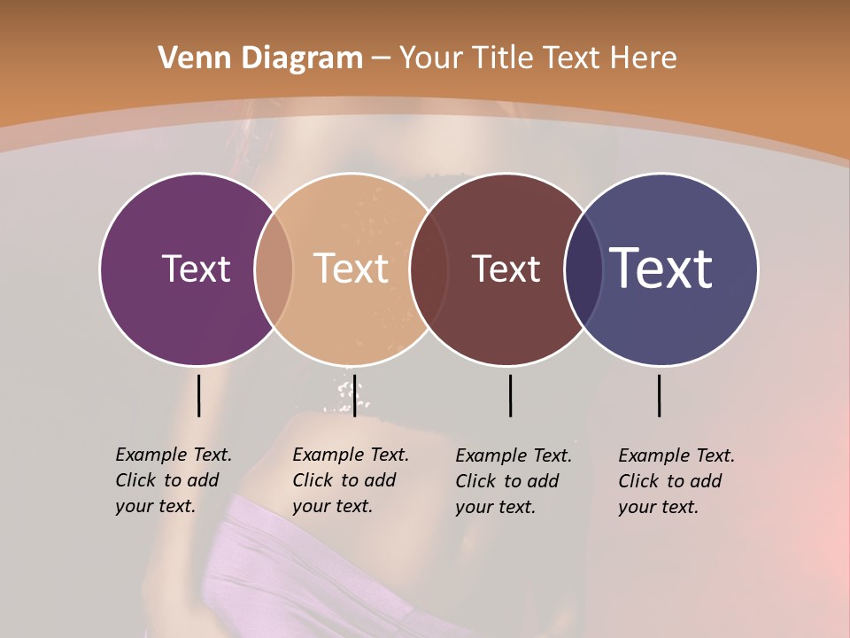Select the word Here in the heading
coord(644,58)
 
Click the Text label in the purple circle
coord(196,268)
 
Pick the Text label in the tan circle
coord(351,268)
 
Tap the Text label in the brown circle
coord(506,269)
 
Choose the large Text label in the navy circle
coord(661,268)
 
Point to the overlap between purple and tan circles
coord(274,269)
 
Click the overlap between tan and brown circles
coord(429,269)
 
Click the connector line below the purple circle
coord(198,395)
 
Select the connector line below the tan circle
coord(354,395)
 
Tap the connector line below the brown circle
coord(510,395)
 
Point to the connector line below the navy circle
coord(659,395)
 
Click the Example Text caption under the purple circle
coord(174,480)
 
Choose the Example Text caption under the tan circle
coord(351,480)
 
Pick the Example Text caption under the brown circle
coord(514,481)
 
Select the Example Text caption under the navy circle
coord(676,481)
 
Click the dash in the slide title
coord(381,59)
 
